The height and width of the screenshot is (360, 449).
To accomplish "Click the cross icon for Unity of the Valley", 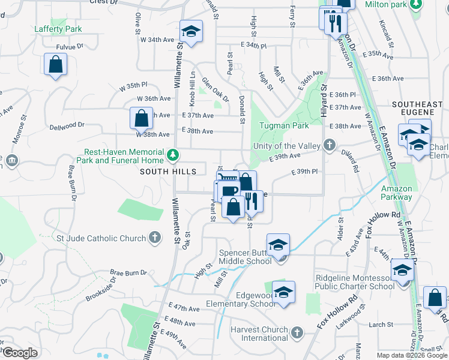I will tap(329, 145).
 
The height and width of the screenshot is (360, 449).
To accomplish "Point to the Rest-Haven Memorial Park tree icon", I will tap(173, 155).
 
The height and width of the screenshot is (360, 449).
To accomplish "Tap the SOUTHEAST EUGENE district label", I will tap(417, 109).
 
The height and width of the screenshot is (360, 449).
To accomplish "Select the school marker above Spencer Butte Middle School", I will tap(279, 245).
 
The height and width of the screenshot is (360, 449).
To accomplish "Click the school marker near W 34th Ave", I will tap(191, 32).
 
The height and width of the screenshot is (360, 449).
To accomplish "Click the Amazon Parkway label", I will tap(397, 192).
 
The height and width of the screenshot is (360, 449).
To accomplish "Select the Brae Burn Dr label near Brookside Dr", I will tap(128, 273).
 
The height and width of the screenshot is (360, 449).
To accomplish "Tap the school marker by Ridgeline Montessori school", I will tap(402, 271).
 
